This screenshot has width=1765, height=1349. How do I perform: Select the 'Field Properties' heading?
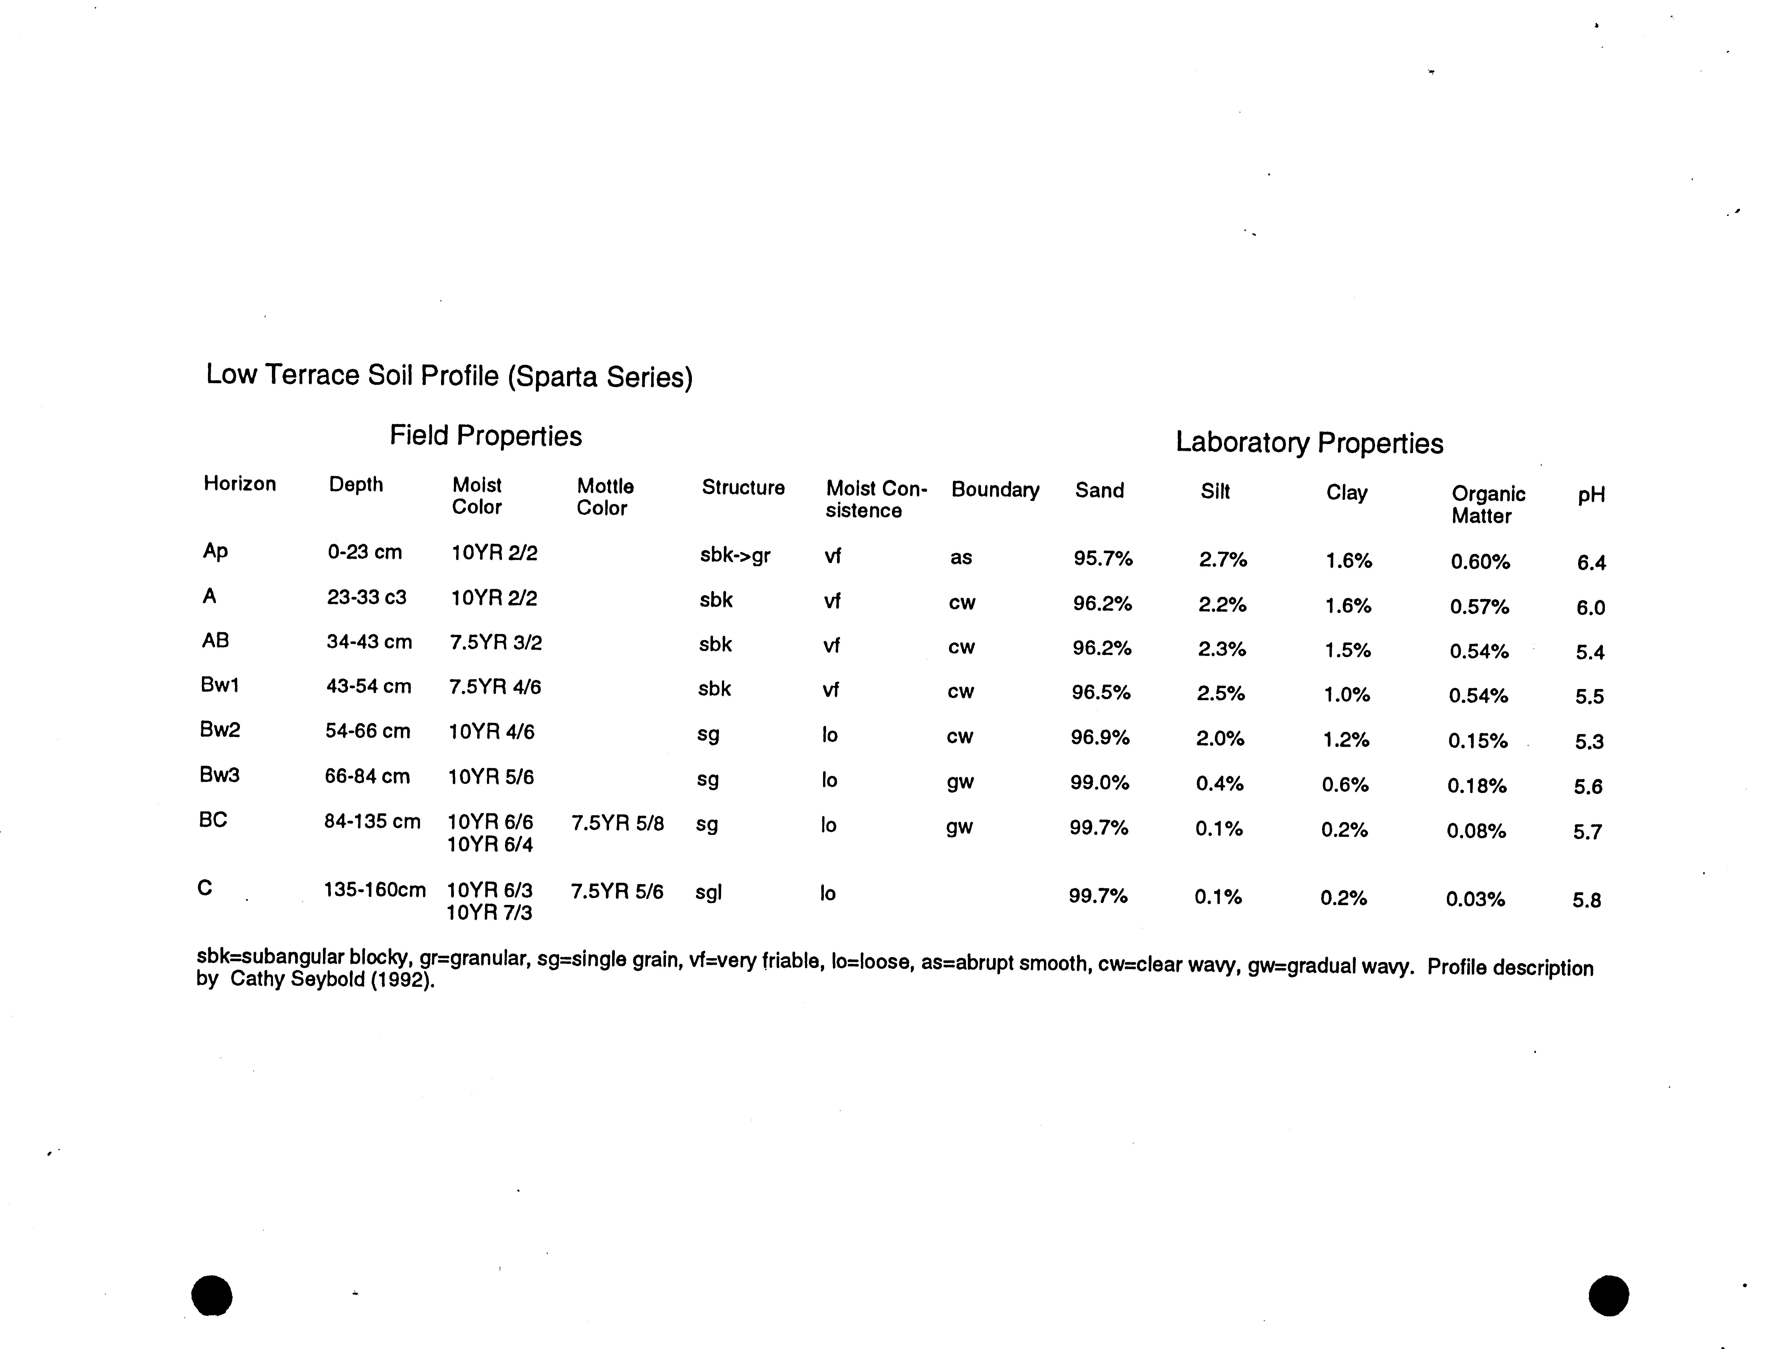[x=486, y=435]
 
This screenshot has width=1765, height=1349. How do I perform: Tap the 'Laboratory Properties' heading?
[x=1309, y=442]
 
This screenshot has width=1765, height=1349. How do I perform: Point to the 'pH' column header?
[x=1591, y=495]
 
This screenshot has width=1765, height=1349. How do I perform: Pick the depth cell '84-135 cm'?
[x=372, y=822]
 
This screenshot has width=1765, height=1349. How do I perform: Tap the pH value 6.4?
[x=1591, y=563]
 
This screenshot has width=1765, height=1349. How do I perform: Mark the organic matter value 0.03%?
[x=1475, y=899]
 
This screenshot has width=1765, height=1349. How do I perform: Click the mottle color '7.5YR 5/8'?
[x=617, y=824]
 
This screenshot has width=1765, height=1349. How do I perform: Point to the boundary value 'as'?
[x=961, y=557]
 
